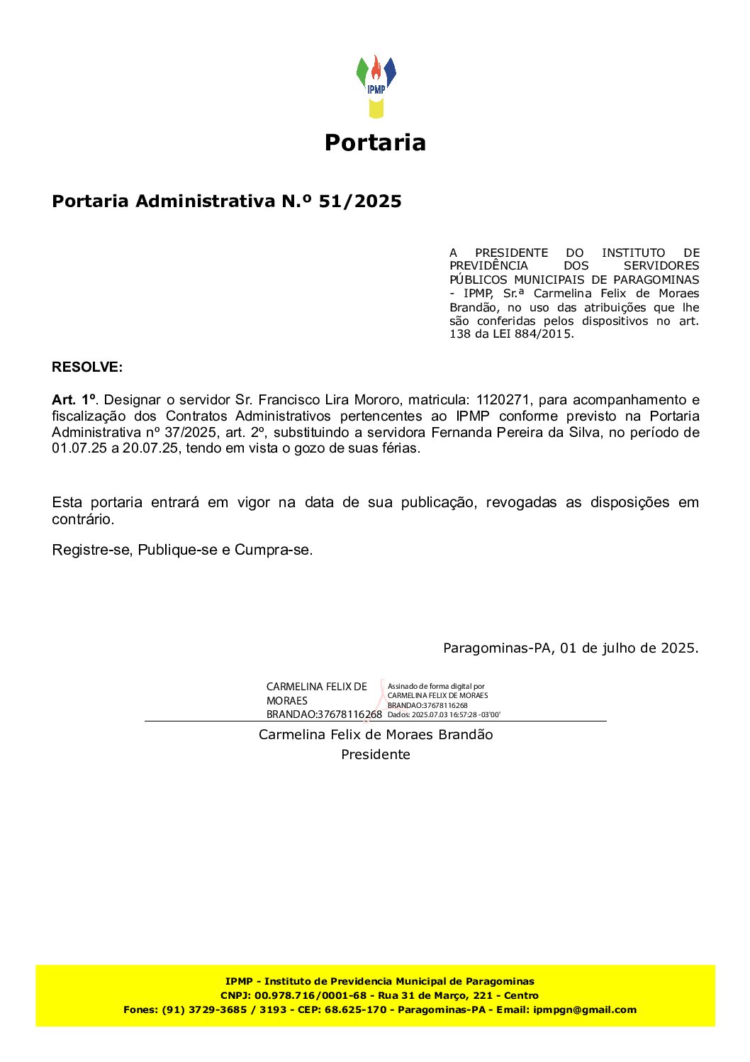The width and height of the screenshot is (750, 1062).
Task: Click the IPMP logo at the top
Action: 376,86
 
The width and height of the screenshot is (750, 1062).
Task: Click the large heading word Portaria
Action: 375,143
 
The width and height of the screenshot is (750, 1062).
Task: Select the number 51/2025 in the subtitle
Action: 360,201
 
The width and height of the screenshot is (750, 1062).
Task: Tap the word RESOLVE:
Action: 87,367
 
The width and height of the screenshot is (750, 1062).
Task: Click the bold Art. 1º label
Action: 74,400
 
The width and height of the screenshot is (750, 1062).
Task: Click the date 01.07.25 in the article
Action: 79,448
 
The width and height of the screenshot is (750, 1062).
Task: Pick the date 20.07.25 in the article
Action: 150,448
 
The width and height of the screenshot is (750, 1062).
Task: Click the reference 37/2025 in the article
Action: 190,433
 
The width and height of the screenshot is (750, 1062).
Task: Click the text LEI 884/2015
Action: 532,334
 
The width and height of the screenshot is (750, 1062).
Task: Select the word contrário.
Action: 82,519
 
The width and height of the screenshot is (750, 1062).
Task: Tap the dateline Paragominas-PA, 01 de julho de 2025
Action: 571,648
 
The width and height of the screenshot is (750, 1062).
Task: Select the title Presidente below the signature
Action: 376,755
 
